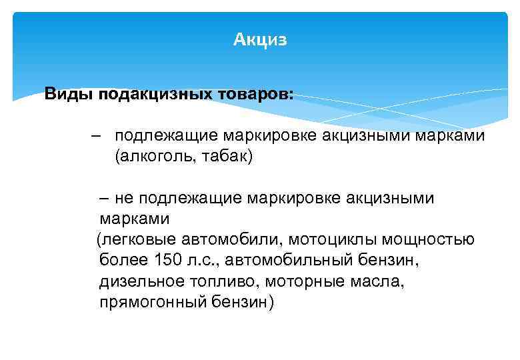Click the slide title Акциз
[x=260, y=40]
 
